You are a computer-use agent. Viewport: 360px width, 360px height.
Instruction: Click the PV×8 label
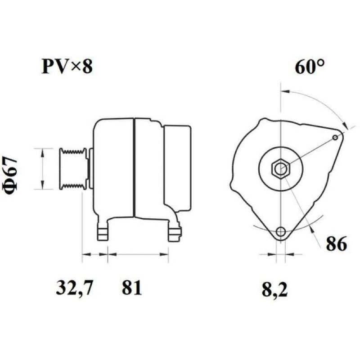[67, 66]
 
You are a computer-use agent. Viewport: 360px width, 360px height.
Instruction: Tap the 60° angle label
[310, 67]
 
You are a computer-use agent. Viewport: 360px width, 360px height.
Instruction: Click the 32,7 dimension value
[74, 288]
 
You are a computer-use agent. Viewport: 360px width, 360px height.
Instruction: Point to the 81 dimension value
[131, 287]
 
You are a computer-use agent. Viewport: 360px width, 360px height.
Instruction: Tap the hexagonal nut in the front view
[280, 169]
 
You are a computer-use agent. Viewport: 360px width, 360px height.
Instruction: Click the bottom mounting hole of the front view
[280, 231]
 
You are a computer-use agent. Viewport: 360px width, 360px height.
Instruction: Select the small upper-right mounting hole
[335, 137]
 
